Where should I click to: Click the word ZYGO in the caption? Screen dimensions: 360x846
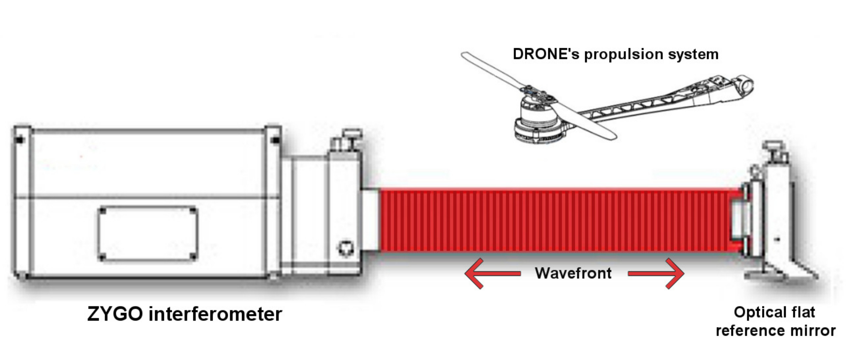click(x=115, y=314)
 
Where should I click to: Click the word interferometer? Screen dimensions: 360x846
click(x=215, y=314)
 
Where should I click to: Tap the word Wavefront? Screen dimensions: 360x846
click(x=573, y=273)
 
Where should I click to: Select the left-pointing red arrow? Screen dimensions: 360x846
click(x=491, y=274)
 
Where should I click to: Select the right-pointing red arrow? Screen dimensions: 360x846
click(x=657, y=274)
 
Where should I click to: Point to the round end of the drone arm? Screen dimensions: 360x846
click(x=745, y=85)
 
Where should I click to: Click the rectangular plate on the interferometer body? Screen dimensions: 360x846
click(x=147, y=234)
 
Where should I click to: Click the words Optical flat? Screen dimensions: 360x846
click(x=774, y=312)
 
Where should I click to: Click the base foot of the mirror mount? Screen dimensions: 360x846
click(x=778, y=274)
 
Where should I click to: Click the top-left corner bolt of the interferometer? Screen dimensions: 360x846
click(x=19, y=139)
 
